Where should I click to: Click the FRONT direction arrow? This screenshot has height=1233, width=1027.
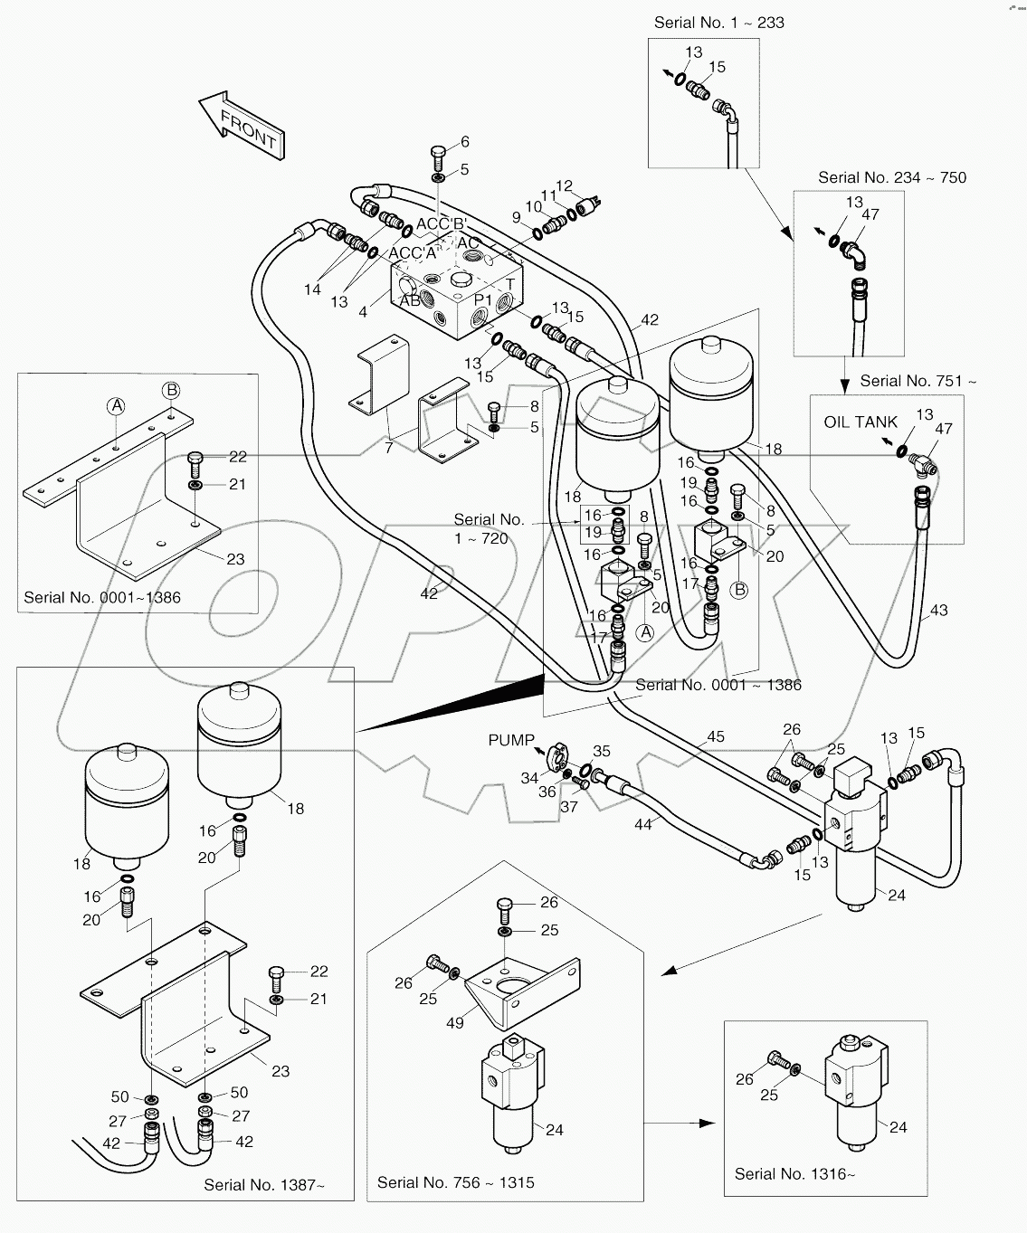(x=242, y=126)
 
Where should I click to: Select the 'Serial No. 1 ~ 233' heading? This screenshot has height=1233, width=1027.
(x=718, y=23)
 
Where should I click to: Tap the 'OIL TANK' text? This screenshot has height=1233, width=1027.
(x=861, y=422)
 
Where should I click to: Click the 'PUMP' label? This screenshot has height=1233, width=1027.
(x=511, y=740)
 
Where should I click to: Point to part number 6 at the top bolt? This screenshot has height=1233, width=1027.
(x=465, y=141)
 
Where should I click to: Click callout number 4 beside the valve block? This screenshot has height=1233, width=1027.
(x=363, y=312)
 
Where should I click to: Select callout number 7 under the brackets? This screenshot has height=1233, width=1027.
(x=388, y=448)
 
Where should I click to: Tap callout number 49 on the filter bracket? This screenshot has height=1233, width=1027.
(x=454, y=1022)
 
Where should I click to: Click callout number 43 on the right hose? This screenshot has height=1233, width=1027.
(x=938, y=611)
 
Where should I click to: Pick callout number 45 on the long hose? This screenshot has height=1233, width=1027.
(x=715, y=736)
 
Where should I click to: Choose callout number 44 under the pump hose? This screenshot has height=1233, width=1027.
(x=643, y=824)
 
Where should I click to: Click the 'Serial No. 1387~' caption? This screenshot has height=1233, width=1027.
(x=263, y=1184)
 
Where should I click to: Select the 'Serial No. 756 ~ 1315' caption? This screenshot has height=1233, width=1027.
(x=455, y=1182)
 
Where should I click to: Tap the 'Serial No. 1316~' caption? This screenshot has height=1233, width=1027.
(x=794, y=1173)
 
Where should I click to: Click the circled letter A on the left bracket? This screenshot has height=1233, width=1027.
(x=117, y=406)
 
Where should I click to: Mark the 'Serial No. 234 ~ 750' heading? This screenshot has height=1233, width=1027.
(x=891, y=177)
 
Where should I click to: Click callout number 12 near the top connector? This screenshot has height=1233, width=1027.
(x=564, y=186)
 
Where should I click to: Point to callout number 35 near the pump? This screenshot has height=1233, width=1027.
(x=602, y=751)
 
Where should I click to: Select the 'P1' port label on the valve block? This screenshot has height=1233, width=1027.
(x=484, y=299)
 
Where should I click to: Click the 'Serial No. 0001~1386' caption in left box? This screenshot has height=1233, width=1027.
(x=102, y=597)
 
